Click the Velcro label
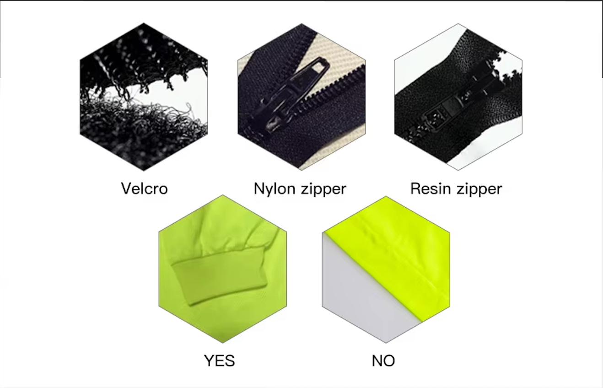144,189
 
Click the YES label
220,361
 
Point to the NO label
383,361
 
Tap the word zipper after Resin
479,189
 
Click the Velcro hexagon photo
144,97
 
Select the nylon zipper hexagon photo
301,97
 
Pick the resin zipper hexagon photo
458,97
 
